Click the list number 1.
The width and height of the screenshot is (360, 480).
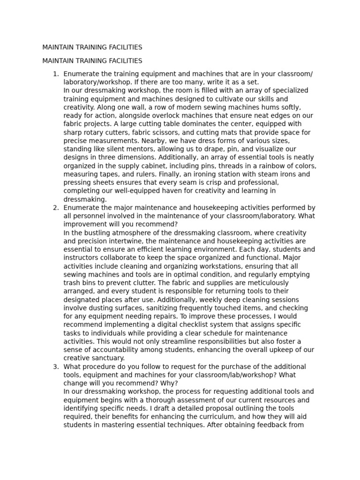[x=55, y=74]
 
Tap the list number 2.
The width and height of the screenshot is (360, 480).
[x=55, y=208]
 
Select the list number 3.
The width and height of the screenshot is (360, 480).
[x=55, y=367]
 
